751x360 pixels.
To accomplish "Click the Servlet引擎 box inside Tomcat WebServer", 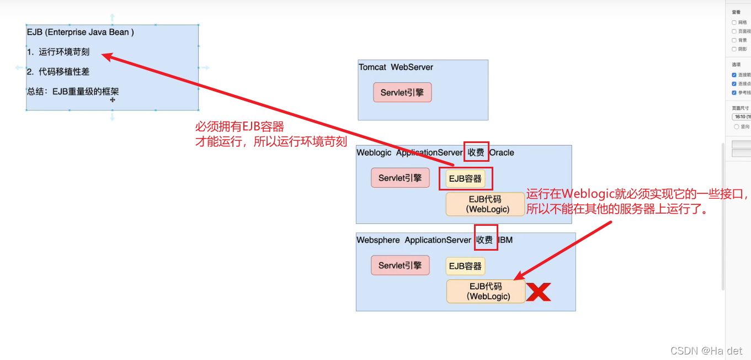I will (x=402, y=93).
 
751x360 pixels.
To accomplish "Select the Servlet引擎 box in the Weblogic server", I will (x=400, y=178).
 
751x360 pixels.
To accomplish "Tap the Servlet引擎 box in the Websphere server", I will (x=400, y=266).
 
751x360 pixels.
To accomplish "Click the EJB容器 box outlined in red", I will (x=465, y=179).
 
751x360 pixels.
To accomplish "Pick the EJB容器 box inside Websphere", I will (x=465, y=266).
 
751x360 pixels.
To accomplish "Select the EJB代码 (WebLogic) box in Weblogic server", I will (x=485, y=204).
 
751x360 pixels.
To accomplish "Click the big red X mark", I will (x=538, y=292).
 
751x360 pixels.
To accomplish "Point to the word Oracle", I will (x=502, y=152).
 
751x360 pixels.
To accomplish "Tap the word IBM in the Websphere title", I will (x=505, y=240).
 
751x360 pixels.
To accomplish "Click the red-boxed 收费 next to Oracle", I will (x=475, y=152).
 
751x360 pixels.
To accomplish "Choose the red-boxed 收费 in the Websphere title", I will (x=484, y=240).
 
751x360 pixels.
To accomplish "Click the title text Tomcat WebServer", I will (x=396, y=67).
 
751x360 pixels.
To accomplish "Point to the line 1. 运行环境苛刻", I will (x=58, y=52).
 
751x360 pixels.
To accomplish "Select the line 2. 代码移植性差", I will (x=58, y=72).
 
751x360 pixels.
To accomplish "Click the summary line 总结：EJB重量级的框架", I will (x=73, y=92).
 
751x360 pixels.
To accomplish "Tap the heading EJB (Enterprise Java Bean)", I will (x=80, y=32).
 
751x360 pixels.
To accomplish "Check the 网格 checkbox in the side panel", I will (x=734, y=23).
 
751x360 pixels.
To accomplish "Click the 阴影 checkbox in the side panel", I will (x=734, y=49).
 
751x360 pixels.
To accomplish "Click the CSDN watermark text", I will (x=706, y=351).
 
